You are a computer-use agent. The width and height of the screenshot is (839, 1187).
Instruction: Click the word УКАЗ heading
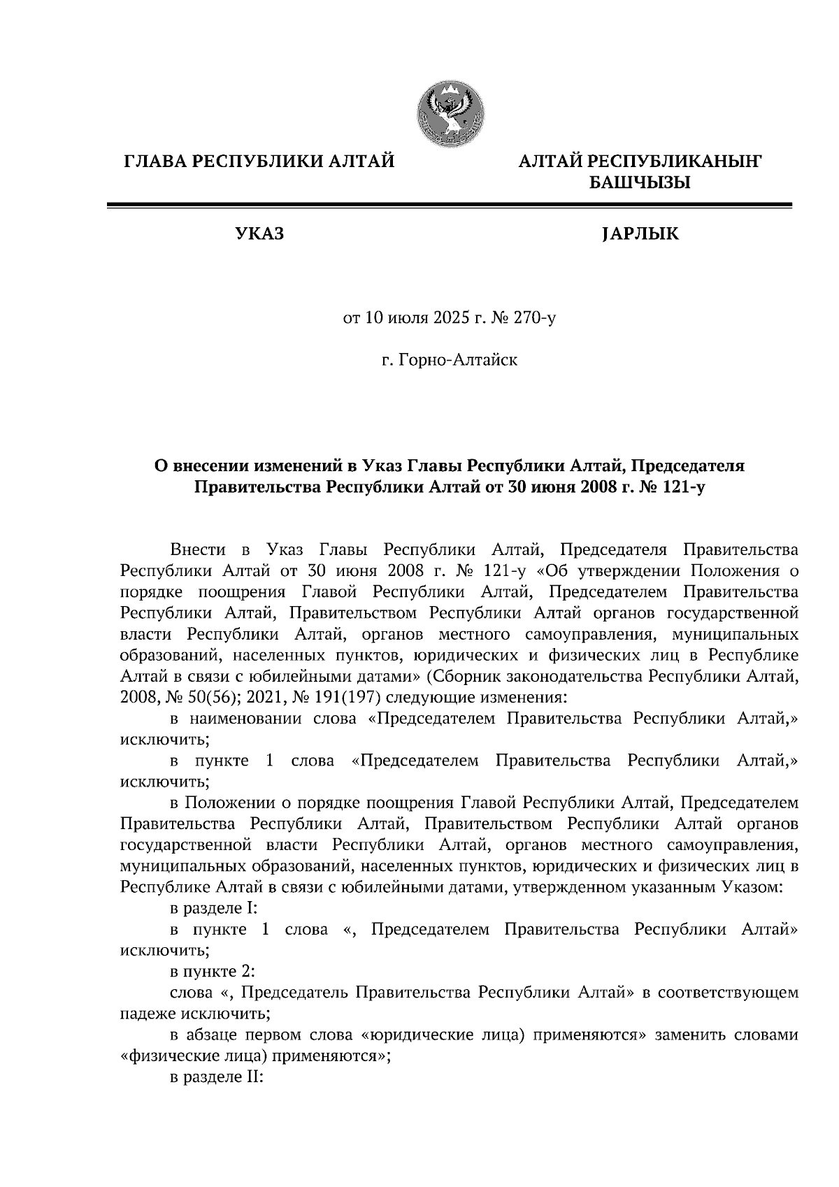[260, 233]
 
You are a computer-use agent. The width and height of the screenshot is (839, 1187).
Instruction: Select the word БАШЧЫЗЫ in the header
[639, 183]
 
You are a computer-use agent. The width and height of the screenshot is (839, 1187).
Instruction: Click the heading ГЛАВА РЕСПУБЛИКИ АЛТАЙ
[259, 161]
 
